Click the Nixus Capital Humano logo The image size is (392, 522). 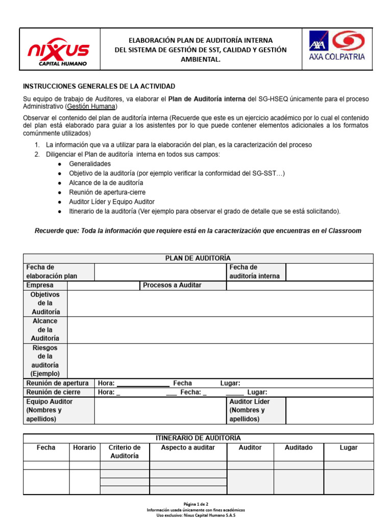58,50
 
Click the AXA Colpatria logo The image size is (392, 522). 337,46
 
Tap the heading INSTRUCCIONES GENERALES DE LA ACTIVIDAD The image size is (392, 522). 100,87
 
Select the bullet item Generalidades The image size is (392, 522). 90,164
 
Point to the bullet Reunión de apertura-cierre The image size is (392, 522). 107,193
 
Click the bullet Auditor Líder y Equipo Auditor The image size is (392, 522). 112,202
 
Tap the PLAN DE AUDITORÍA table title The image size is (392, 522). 198,258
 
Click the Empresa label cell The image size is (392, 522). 39,285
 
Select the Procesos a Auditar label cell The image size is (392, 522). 172,285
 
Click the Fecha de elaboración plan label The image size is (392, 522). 52,272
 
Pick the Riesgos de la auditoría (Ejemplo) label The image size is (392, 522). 45,361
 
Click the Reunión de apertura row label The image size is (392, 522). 57,383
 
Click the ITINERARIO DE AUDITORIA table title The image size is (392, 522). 198,438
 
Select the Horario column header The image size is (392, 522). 84,448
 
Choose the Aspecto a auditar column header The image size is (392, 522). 188,448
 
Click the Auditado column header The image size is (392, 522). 299,448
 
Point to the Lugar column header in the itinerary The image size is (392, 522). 349,448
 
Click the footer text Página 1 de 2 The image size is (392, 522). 196,503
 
